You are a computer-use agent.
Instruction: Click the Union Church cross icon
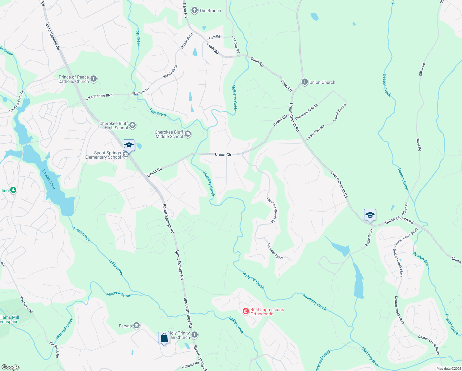[x=304, y=82]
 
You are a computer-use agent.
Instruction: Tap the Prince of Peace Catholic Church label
[x=74, y=79]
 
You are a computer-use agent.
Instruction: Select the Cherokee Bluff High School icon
[x=132, y=125]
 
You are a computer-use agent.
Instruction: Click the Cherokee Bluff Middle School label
[x=169, y=134]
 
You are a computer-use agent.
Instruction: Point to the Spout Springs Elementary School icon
[x=126, y=155]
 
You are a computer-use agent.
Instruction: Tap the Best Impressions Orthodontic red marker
[x=246, y=311]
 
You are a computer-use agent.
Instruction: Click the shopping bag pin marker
[x=164, y=338]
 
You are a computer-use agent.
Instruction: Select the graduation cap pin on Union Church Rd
[x=370, y=215]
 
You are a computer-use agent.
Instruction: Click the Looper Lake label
[x=49, y=179]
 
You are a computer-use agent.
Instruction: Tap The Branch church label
[x=210, y=11]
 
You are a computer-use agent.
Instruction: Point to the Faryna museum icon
[x=136, y=326]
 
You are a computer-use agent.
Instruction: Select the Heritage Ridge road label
[x=275, y=251]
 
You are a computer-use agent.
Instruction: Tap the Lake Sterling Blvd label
[x=99, y=96]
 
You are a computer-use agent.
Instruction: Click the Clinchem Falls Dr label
[x=306, y=112]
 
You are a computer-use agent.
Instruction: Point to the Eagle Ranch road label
[x=369, y=237]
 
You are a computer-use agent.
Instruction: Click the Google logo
[x=10, y=367]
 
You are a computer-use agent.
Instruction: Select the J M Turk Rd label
[x=236, y=45]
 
